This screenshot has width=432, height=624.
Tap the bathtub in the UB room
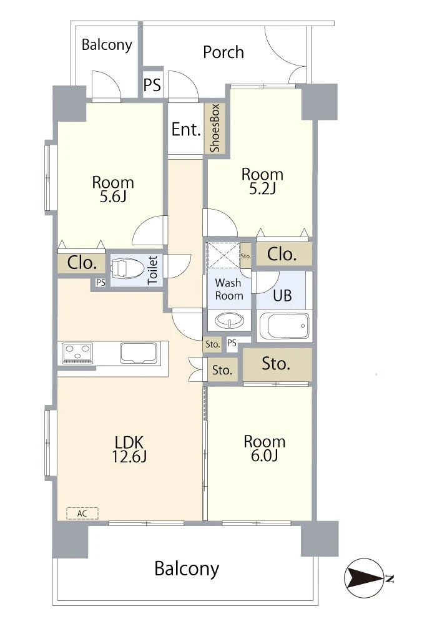[x=284, y=326]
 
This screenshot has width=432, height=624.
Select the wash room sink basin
[x=229, y=320]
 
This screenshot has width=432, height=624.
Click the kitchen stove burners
[x=77, y=353]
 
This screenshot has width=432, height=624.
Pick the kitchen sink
[x=139, y=353]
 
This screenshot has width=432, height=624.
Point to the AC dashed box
[x=82, y=514]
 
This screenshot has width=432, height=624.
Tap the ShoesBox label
[x=215, y=128]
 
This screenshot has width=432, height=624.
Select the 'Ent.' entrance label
[x=186, y=130]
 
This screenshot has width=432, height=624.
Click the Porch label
[x=223, y=52]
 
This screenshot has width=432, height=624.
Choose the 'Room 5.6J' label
[x=113, y=189]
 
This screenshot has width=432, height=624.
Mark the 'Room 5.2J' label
[x=262, y=181]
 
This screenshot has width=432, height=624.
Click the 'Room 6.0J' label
[x=264, y=449]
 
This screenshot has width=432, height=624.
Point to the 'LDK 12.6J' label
[x=129, y=449]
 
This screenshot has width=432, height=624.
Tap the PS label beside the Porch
[x=152, y=85]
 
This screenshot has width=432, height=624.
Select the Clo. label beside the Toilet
[x=82, y=263]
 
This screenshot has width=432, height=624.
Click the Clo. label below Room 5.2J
[x=282, y=255]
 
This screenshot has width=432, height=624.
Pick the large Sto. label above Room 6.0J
[x=275, y=364]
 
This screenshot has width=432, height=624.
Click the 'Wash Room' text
[x=228, y=290]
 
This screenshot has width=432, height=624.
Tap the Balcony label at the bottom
[x=187, y=568]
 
